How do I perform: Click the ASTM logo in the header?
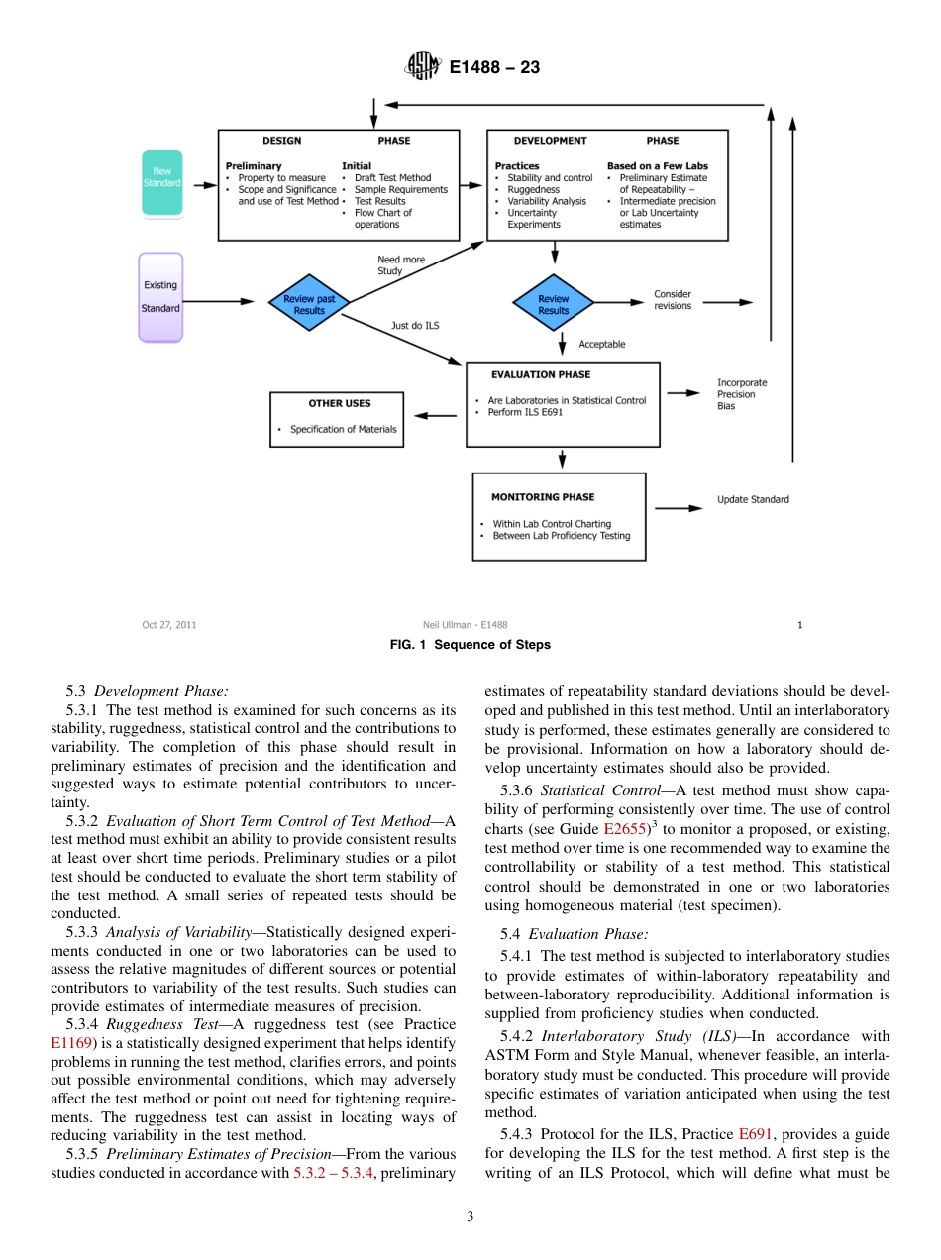click(422, 67)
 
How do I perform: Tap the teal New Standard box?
click(161, 182)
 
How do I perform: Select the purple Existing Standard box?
click(160, 297)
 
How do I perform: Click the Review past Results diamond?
click(309, 304)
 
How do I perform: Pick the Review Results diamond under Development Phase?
click(553, 303)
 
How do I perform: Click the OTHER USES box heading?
click(339, 403)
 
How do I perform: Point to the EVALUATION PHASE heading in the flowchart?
click(541, 375)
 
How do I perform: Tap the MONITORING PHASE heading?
click(543, 497)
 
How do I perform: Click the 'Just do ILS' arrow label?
click(415, 325)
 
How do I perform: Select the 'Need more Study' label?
click(400, 265)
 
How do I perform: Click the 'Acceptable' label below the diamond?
click(601, 345)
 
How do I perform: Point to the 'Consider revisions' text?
click(673, 300)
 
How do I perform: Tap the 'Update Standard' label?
click(753, 500)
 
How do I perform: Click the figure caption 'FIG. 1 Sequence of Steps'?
click(470, 645)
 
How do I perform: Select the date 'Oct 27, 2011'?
click(169, 625)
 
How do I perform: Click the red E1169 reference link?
click(71, 1043)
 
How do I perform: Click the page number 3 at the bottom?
click(470, 1217)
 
